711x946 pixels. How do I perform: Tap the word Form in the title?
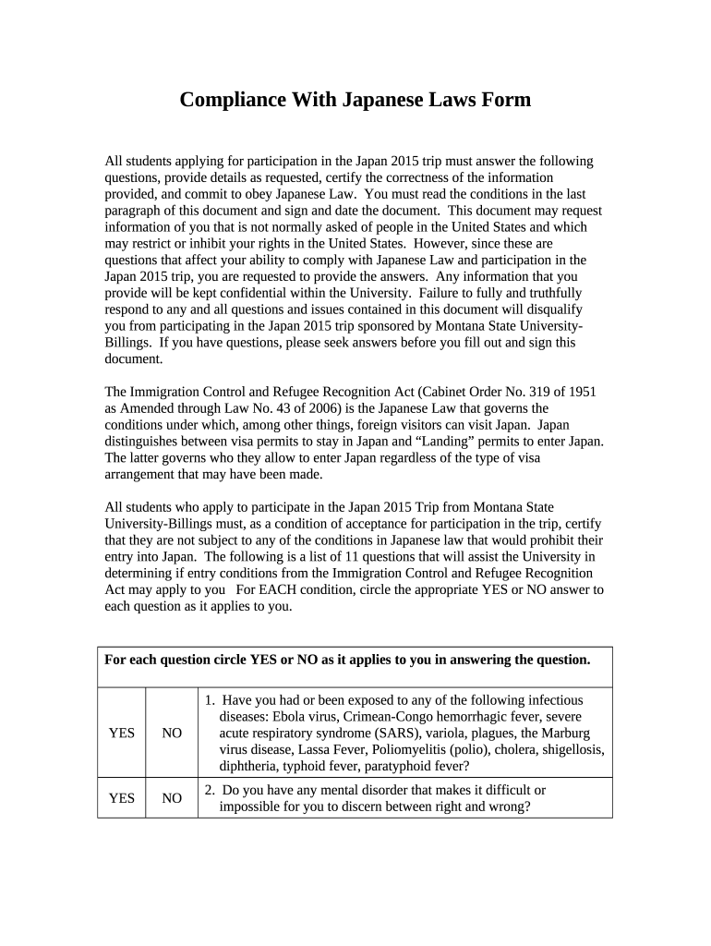[507, 100]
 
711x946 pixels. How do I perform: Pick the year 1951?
[581, 391]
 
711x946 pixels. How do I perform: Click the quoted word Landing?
[430, 441]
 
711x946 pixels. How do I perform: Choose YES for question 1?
[121, 733]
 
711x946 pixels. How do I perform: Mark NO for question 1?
[172, 733]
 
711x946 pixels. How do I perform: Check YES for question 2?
[121, 798]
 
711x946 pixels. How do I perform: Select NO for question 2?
[172, 798]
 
